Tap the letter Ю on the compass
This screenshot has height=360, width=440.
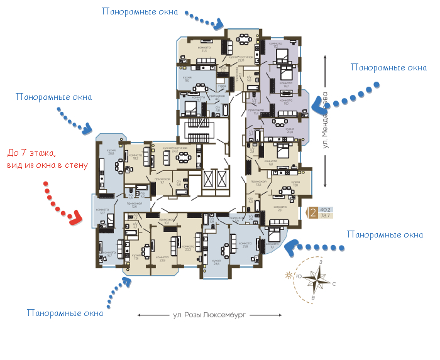click(300, 275)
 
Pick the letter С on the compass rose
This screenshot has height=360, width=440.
click(334, 284)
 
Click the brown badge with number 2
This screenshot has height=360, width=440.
click(313, 213)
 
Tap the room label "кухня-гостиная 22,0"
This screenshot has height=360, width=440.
click(240, 58)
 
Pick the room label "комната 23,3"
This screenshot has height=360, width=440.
click(187, 248)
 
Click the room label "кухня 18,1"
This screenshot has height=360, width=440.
click(187, 79)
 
